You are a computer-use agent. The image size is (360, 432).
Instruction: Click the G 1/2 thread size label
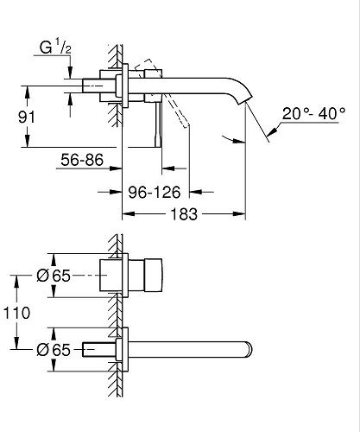pos(55,47)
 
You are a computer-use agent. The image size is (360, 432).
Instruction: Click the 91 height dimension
pos(27,118)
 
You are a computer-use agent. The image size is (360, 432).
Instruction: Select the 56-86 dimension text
pos(82,160)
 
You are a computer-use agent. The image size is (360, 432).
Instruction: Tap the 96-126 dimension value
pos(155,192)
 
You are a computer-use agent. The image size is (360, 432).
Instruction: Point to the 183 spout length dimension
pos(184,214)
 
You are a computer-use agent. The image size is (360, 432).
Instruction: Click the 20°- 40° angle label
pos(313,113)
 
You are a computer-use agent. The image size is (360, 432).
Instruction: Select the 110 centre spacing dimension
pos(16,313)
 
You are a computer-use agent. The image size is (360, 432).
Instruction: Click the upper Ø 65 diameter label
pos(54,276)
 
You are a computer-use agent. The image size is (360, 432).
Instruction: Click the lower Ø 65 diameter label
pos(54,350)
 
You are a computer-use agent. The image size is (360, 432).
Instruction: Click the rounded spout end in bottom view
pos(249,350)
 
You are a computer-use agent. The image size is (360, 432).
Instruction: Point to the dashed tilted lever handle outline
pos(161,92)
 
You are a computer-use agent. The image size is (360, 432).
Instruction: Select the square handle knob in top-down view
pos(154,275)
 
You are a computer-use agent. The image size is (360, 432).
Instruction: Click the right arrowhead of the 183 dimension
pos(239,214)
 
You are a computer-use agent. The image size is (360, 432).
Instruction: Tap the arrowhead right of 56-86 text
pos(116,168)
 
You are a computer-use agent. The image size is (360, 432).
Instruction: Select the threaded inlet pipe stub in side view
pos(92,86)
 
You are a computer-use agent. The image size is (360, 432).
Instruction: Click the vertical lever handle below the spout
pos(158,124)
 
